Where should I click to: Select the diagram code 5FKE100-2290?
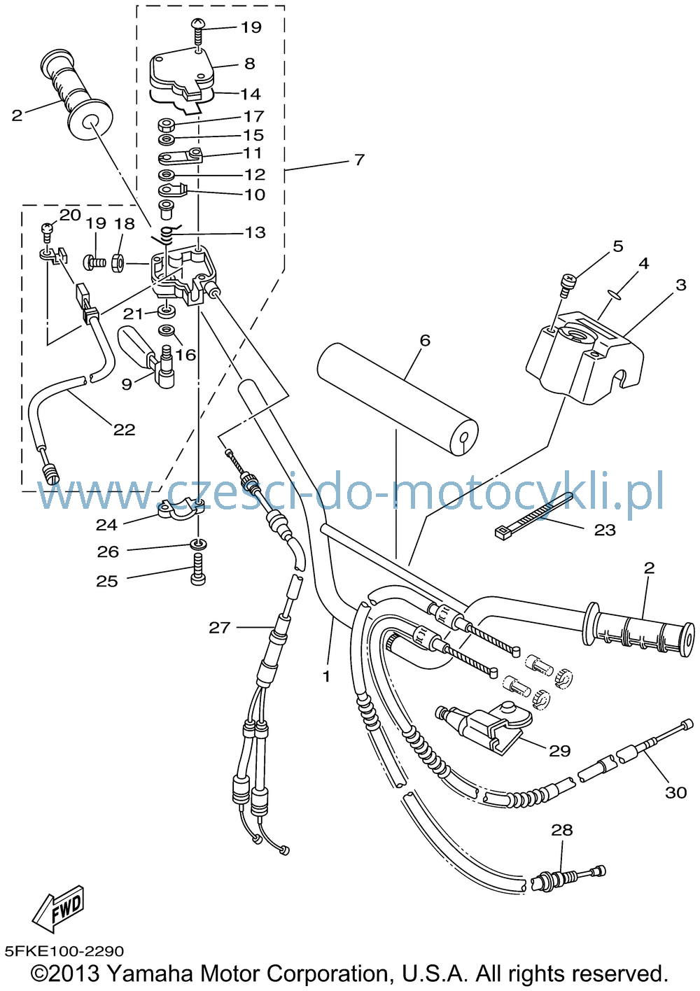tap(64, 950)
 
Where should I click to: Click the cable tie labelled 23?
tap(533, 516)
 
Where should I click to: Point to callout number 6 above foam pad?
tap(425, 340)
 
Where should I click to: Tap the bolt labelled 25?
tap(198, 570)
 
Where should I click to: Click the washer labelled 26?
tap(198, 543)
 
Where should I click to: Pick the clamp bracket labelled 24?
tap(179, 509)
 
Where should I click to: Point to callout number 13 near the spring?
tap(255, 232)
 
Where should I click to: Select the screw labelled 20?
tap(46, 233)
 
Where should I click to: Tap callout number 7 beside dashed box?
tap(359, 160)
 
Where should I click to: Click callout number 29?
tap(560, 750)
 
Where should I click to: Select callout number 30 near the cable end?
tap(675, 792)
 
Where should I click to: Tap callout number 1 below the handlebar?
tap(326, 676)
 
